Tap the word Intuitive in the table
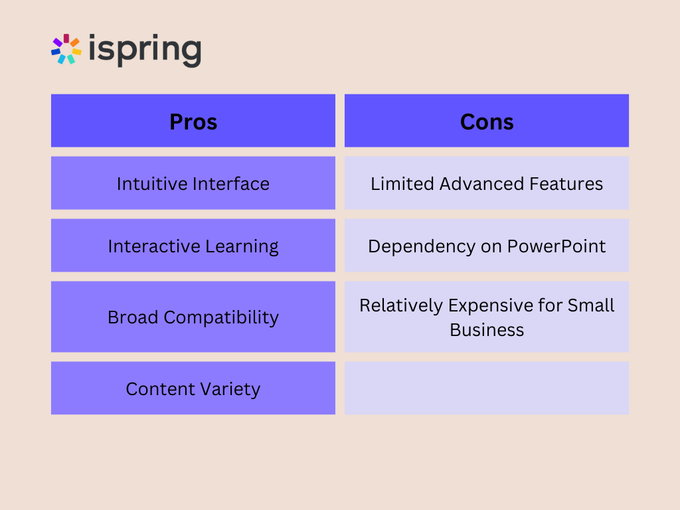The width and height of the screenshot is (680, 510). [x=151, y=184]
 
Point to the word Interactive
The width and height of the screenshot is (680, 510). [x=154, y=246]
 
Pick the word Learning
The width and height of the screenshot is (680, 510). [x=242, y=247]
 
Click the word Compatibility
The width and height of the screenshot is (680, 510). [x=221, y=318]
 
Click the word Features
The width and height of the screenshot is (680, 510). [x=566, y=184]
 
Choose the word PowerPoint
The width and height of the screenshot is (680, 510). [x=556, y=246]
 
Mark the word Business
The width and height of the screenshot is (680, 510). [x=487, y=330]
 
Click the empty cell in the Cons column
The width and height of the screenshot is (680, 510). [x=487, y=388]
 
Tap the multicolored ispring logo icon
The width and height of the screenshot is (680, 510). [x=66, y=49]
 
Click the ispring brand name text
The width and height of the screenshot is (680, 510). [x=145, y=50]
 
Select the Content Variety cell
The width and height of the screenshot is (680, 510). [x=193, y=388]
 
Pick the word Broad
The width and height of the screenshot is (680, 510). [x=133, y=317]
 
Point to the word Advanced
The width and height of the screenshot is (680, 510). [x=481, y=184]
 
